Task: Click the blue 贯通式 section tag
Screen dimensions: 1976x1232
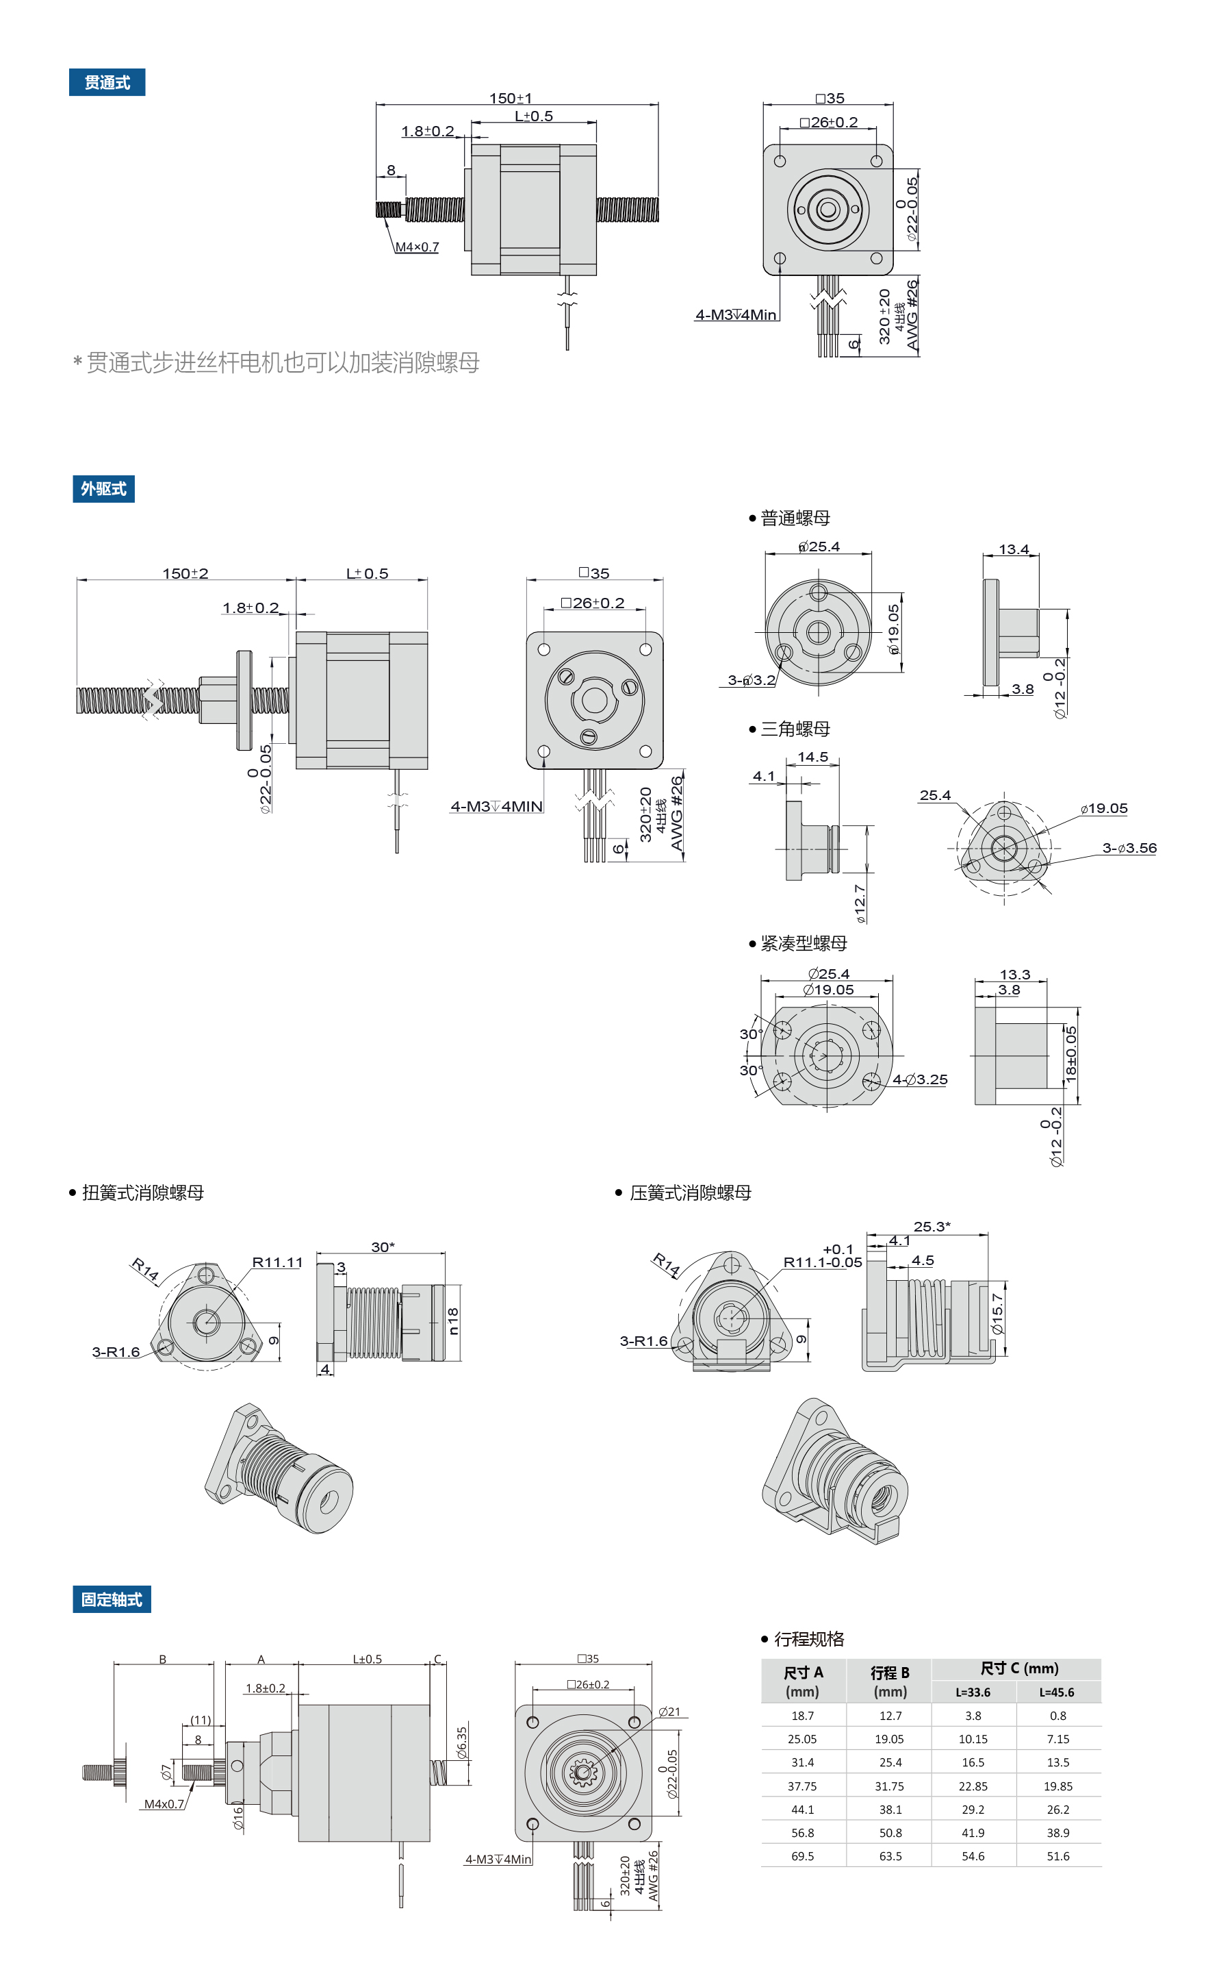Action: (107, 82)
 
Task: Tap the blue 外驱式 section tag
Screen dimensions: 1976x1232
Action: (103, 488)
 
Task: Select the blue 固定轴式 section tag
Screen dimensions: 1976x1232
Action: (112, 1599)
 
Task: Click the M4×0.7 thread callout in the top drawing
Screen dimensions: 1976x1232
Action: (418, 247)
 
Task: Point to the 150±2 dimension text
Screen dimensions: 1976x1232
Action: (185, 573)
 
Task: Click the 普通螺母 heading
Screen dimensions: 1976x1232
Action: (795, 518)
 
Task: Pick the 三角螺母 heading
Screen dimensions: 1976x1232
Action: (795, 729)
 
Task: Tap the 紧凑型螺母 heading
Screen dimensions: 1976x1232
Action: (803, 943)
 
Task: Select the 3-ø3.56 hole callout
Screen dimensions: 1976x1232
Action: (1129, 848)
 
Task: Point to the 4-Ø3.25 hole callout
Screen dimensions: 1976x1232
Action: (921, 1079)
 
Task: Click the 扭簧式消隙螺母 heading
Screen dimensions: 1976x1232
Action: (142, 1192)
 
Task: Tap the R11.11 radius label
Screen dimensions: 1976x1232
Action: (277, 1262)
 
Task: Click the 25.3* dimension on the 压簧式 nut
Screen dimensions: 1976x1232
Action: (932, 1226)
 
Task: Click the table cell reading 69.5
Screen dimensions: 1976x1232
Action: (803, 1856)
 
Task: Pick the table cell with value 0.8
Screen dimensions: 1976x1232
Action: (1057, 1715)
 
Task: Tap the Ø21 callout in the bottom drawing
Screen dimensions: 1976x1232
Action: (669, 1711)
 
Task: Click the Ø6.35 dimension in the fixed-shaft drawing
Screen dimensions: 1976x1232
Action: (462, 1743)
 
